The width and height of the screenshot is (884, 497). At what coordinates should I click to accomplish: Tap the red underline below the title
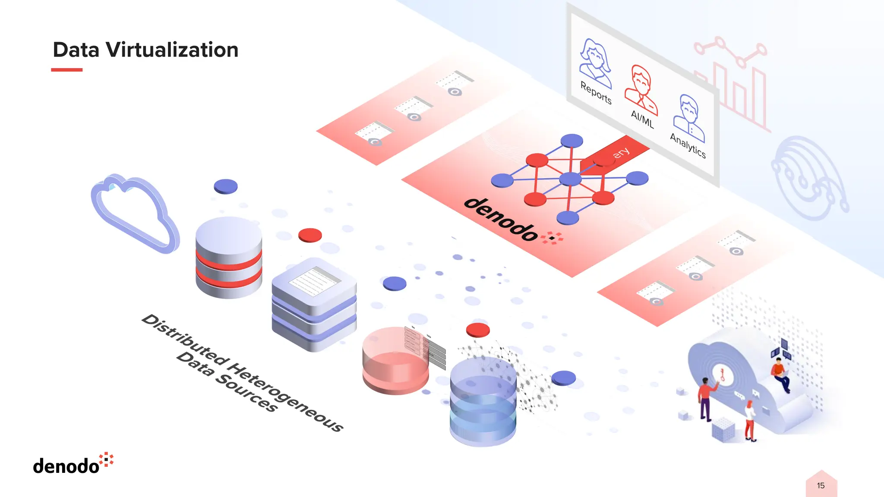[66, 69]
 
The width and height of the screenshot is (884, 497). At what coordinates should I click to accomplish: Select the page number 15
[821, 486]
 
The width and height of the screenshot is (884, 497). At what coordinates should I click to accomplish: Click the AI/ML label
[642, 119]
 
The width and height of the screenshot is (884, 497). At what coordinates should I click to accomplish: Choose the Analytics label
[688, 145]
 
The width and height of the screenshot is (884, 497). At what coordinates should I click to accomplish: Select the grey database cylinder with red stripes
[229, 258]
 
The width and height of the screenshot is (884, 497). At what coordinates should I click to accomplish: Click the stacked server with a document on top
[314, 304]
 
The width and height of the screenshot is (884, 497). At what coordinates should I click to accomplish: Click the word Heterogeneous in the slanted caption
[285, 397]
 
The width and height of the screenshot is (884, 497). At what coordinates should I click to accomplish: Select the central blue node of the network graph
[570, 179]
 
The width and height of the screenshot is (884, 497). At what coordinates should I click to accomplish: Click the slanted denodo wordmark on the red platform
[501, 219]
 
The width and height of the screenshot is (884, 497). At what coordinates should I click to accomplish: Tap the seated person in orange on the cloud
[780, 373]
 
